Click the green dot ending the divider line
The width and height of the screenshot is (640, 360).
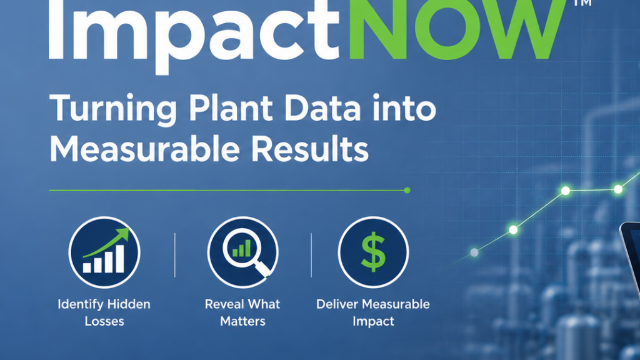[x=407, y=190]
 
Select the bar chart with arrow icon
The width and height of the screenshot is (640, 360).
[x=104, y=252]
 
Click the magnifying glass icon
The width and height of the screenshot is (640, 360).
[x=243, y=252]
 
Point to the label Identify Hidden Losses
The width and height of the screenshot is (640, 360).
[x=104, y=312]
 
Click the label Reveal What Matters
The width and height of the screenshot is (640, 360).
[x=242, y=312]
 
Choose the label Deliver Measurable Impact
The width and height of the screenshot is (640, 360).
[x=373, y=312]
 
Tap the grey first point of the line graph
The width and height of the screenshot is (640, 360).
[x=474, y=252]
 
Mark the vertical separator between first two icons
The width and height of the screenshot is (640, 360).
[x=175, y=256]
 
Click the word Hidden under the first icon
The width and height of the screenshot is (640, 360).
[x=131, y=304]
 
